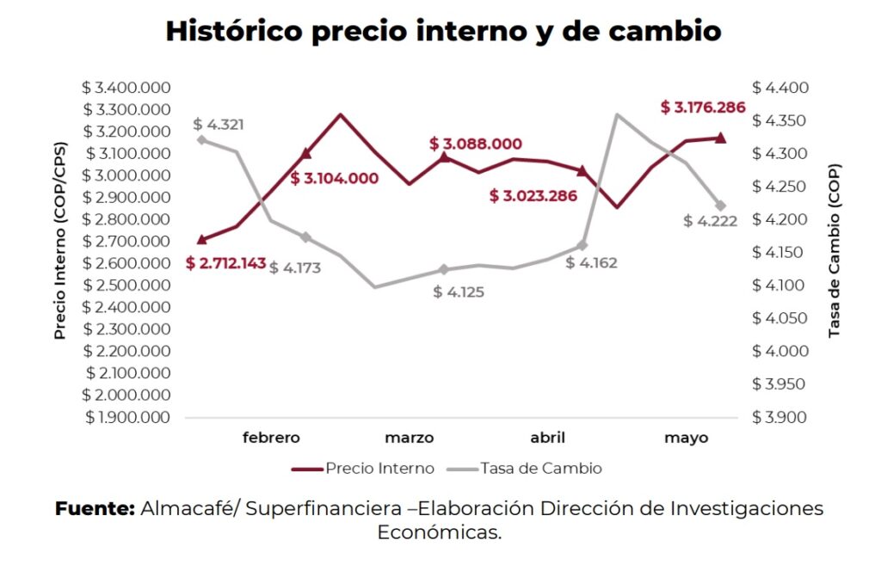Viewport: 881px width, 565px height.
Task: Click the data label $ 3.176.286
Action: pos(703,107)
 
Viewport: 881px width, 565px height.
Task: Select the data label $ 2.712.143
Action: pos(225,263)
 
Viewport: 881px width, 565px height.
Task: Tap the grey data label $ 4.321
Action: pos(219,125)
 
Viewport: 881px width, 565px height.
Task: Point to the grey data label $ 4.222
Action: pos(711,221)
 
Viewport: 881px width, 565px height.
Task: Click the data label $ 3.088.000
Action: pos(476,144)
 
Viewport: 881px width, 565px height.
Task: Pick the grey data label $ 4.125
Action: pos(459,292)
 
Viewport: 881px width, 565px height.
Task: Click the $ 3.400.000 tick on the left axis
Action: pos(127,88)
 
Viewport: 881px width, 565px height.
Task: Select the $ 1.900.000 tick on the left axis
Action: pos(127,417)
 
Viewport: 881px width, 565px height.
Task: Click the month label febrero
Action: pos(271,438)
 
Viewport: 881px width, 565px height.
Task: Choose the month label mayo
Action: pos(686,438)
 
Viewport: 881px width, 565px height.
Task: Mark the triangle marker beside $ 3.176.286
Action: pos(721,138)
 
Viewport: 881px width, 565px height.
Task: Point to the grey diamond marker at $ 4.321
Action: pos(201,139)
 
